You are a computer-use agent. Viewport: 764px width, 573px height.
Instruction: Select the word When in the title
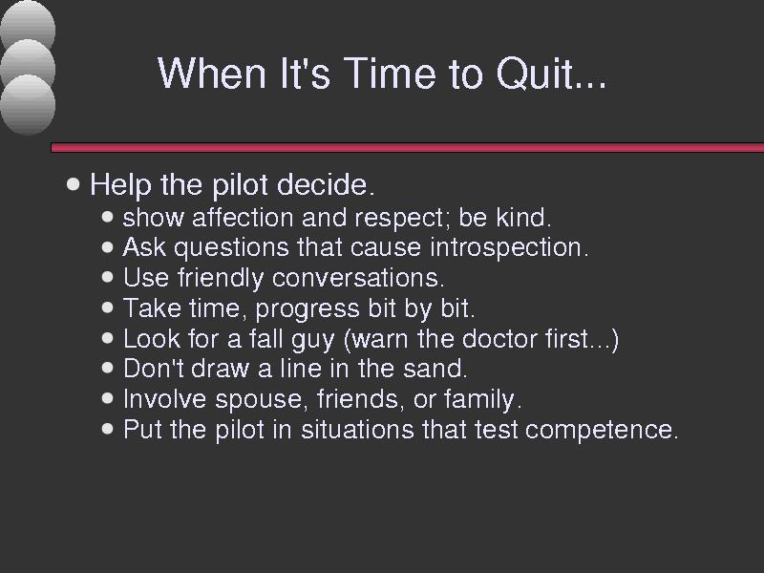click(x=212, y=73)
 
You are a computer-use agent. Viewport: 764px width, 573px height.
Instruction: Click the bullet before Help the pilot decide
click(x=74, y=184)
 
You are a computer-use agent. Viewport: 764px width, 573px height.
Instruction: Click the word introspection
click(x=509, y=248)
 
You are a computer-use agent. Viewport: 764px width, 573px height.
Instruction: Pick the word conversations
click(x=357, y=278)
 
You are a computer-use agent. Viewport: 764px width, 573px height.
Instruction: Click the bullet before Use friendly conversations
click(x=108, y=277)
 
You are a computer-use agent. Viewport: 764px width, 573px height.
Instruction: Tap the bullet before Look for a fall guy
click(x=108, y=338)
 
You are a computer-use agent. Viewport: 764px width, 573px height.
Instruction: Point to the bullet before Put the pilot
click(x=108, y=429)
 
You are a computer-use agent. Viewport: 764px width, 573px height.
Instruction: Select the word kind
click(x=523, y=218)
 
